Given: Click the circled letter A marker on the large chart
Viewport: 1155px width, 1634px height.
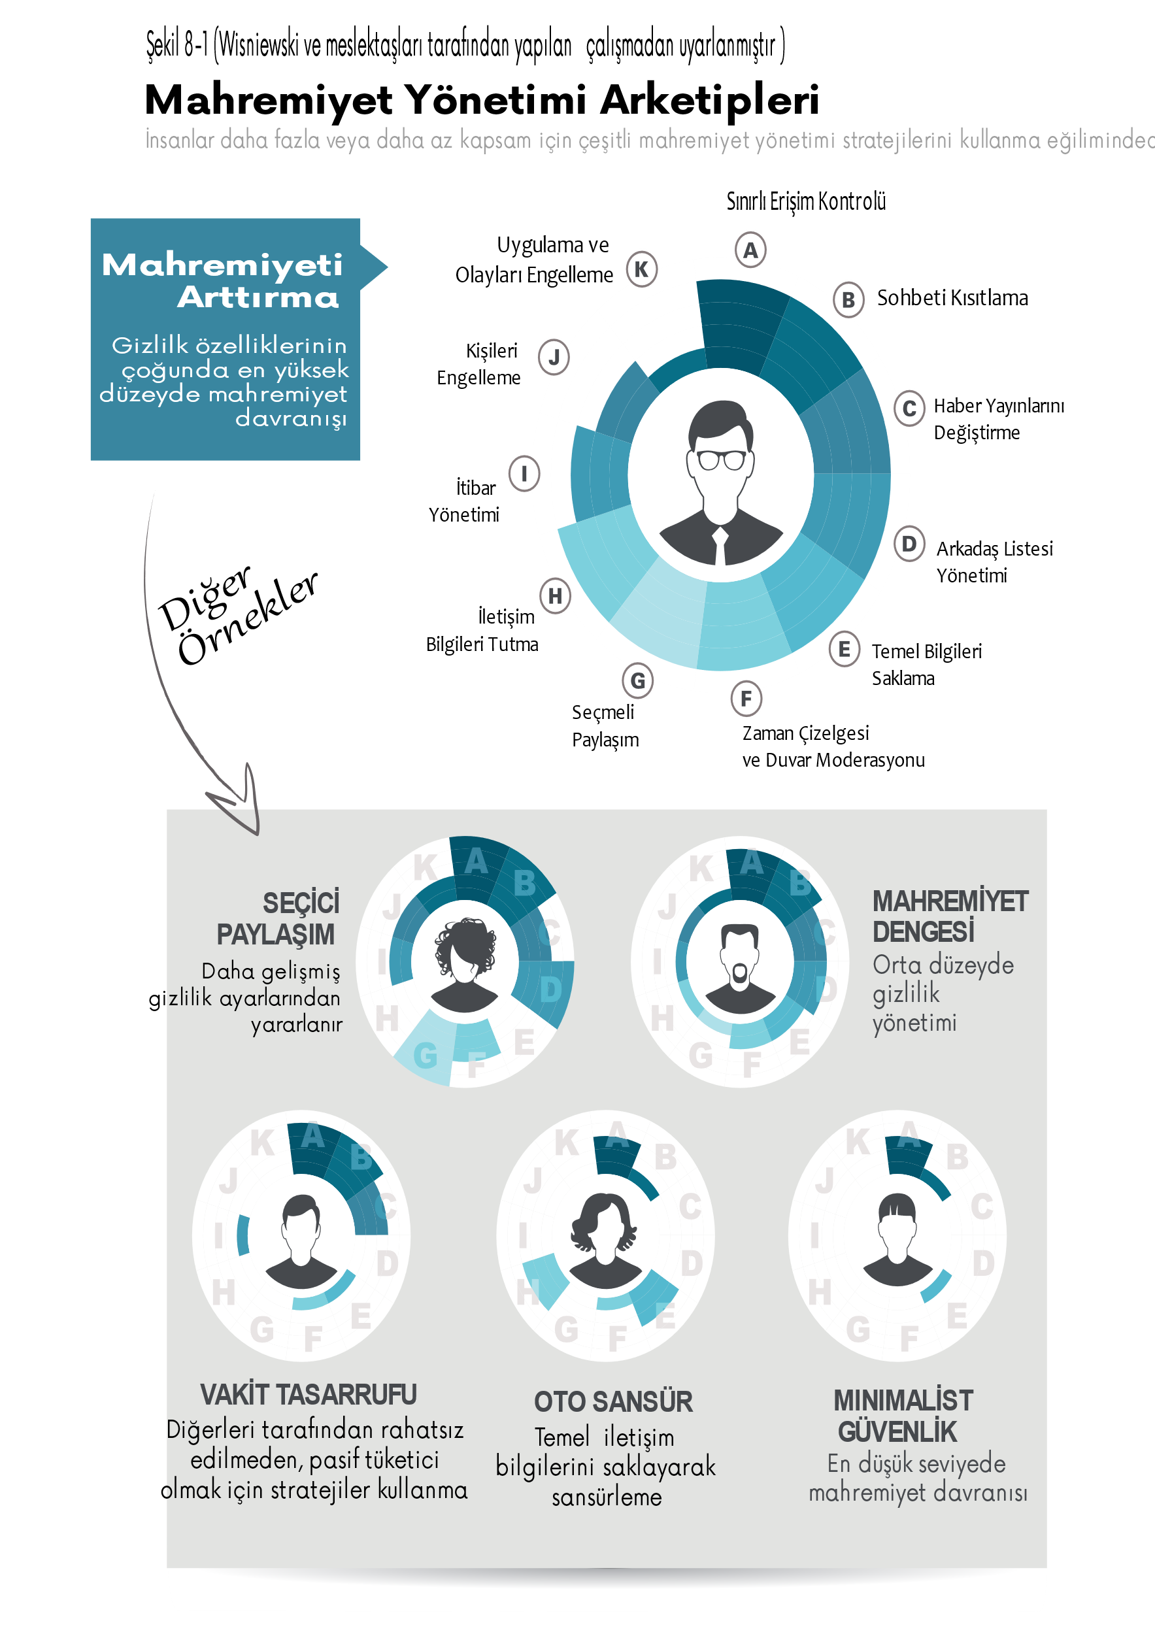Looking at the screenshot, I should click(x=750, y=249).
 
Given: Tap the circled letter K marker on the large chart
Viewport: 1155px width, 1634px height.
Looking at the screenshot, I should click(x=641, y=269).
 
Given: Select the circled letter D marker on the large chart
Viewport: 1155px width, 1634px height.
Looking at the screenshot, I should click(x=909, y=544).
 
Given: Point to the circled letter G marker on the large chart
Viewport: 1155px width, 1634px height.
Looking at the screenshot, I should click(x=637, y=681).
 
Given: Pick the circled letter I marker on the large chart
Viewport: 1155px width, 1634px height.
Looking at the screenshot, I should click(x=524, y=473).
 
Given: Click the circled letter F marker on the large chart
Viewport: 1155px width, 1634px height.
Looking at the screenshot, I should click(x=746, y=699).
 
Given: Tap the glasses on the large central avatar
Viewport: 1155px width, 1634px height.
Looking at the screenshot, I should click(x=721, y=459).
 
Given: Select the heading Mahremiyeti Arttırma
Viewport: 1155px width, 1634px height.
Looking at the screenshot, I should click(x=222, y=280).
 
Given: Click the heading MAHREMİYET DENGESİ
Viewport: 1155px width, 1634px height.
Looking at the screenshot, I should click(x=949, y=916).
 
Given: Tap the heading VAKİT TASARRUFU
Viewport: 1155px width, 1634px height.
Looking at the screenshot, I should click(x=308, y=1394).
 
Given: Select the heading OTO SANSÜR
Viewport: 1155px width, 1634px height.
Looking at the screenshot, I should click(x=612, y=1401).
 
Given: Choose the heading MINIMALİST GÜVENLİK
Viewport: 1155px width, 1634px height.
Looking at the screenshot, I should click(x=903, y=1416).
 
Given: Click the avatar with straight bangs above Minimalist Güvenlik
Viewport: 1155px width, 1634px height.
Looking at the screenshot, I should click(x=897, y=1239).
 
